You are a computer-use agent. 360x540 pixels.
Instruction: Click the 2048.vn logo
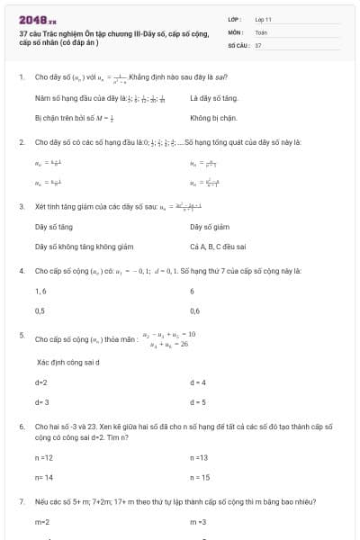pos(37,18)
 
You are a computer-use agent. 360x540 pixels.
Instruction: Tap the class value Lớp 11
pos(263,19)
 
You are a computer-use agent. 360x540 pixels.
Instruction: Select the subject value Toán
pos(261,31)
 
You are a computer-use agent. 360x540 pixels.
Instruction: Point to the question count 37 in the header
pos(258,44)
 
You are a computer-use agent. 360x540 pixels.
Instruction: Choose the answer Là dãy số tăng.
pos(213,97)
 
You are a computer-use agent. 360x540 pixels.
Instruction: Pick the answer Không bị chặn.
pos(213,117)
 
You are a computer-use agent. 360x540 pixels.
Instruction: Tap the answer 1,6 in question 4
pos(40,291)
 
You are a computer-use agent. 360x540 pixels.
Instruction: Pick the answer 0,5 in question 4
pos(40,310)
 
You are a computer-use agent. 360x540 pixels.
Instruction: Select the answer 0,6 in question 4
pos(195,310)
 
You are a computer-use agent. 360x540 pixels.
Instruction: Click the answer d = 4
pos(198,382)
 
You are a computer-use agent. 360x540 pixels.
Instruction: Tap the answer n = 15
pos(200,477)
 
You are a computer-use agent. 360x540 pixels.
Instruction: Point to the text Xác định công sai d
pos(67,362)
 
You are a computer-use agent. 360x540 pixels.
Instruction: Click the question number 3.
pos(21,206)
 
